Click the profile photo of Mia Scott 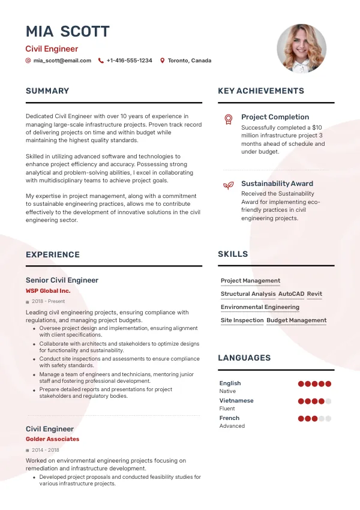point(301,49)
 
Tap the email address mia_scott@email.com point(62,61)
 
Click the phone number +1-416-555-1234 point(129,61)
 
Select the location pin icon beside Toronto point(162,61)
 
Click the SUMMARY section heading point(47,91)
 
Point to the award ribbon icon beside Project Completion point(228,119)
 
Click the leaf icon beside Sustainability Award point(228,185)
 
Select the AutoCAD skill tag point(292,294)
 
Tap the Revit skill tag point(314,294)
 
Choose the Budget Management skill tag point(296,320)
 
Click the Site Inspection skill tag point(242,320)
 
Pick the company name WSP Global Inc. point(48,291)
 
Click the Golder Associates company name point(52,439)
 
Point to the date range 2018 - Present point(48,301)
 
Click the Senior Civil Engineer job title point(62,280)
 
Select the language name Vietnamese point(236,400)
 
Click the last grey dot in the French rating point(328,419)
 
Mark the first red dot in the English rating point(301,384)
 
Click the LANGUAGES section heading point(244,358)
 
